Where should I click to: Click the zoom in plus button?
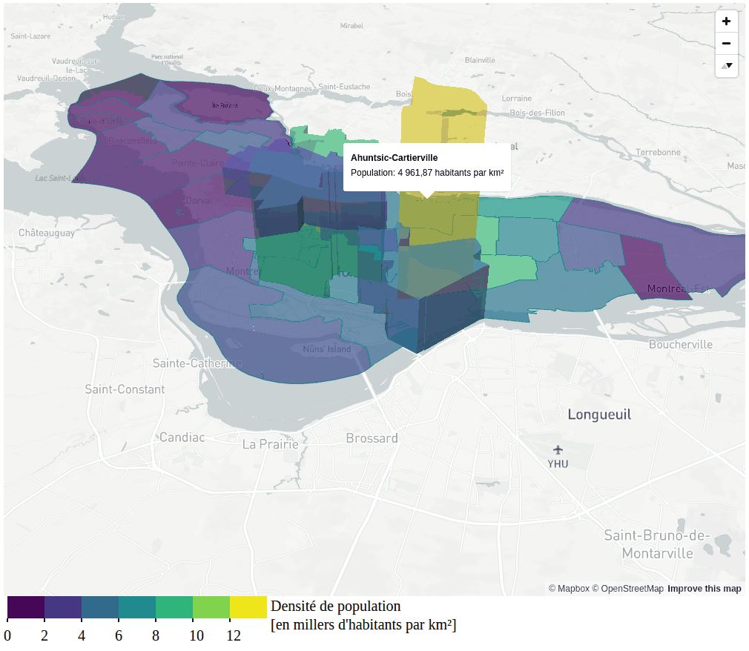tap(726, 22)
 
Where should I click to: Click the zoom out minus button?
tap(726, 43)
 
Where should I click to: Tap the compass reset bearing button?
tap(726, 65)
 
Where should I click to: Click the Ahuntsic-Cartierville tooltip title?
tap(394, 158)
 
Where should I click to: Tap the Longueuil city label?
tap(599, 414)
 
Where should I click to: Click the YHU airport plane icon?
tap(558, 449)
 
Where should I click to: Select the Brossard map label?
tap(372, 438)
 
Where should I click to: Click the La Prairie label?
tap(271, 444)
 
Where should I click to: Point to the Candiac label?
tap(182, 437)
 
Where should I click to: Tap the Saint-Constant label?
tap(125, 389)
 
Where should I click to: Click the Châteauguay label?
tap(47, 233)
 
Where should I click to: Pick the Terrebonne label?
tap(658, 152)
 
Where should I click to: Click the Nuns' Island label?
tap(326, 349)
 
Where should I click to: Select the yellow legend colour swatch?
tap(248, 607)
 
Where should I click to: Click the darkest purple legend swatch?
tap(26, 607)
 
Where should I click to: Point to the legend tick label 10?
tap(196, 635)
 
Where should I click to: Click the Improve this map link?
tap(704, 589)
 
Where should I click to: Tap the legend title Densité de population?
tap(335, 606)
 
